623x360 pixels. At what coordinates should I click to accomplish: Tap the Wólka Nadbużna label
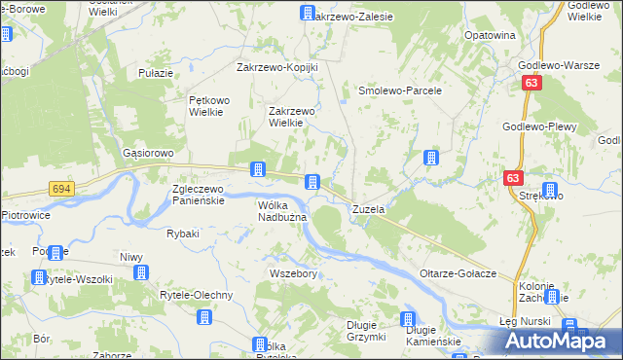pyautogui.click(x=282, y=211)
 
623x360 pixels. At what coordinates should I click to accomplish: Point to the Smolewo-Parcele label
pyautogui.click(x=401, y=90)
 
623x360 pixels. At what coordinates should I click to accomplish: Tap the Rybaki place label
pyautogui.click(x=183, y=234)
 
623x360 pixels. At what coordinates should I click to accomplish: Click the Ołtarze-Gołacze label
pyautogui.click(x=458, y=273)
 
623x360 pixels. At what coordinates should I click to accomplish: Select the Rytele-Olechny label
pyautogui.click(x=197, y=295)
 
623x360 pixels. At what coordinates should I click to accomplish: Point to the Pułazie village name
pyautogui.click(x=156, y=73)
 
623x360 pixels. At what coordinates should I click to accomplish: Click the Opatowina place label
pyautogui.click(x=490, y=35)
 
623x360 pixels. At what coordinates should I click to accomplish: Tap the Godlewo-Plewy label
pyautogui.click(x=540, y=127)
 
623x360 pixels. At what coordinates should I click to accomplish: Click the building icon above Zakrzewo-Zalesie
pyautogui.click(x=307, y=14)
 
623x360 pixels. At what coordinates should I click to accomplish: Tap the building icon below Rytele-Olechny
pyautogui.click(x=204, y=317)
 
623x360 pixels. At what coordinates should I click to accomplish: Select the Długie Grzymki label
pyautogui.click(x=367, y=332)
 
